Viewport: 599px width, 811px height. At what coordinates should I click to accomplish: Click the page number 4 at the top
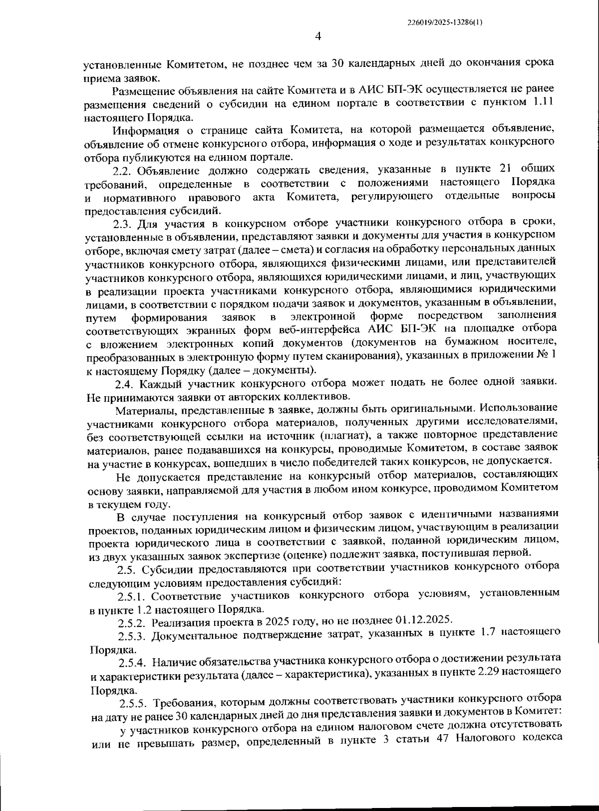(317, 36)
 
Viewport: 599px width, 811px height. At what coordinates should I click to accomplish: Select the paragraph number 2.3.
(123, 222)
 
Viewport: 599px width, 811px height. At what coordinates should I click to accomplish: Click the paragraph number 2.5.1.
(132, 596)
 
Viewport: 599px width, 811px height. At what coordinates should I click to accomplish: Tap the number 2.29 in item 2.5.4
(488, 672)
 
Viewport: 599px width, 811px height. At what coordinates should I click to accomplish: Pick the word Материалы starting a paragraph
(141, 411)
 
